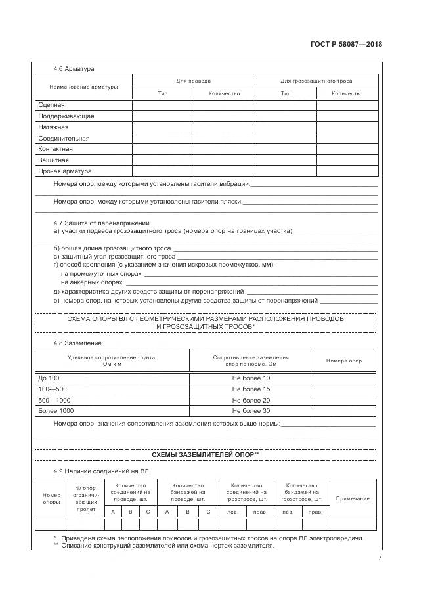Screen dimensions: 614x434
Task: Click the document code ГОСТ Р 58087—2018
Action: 346,45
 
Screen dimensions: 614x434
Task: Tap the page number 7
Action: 380,558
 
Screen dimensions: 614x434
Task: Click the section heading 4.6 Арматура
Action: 74,68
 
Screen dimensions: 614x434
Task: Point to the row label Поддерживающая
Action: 66,116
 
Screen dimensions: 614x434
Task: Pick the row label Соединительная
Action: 64,139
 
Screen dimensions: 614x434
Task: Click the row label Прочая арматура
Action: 60,171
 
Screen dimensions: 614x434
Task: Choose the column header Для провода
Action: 193,81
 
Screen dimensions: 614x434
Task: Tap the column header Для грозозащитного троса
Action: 316,81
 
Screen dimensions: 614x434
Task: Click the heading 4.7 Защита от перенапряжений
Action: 101,223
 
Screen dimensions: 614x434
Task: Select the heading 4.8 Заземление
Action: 77,343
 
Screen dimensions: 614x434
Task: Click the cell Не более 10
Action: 251,378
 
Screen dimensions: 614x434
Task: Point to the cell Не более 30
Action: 251,411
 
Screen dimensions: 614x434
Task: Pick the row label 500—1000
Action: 54,400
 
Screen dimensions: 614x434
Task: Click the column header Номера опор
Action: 344,361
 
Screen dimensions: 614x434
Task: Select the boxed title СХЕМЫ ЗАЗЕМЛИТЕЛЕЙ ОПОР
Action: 205,454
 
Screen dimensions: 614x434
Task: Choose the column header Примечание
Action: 353,498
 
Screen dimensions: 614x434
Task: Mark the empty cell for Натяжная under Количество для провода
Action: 224,127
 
